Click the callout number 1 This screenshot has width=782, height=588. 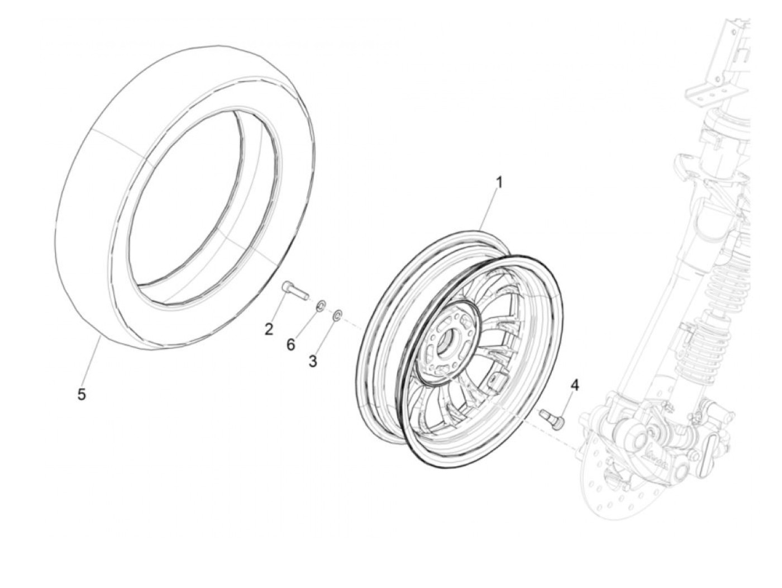500,182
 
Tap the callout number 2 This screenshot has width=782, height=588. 269,329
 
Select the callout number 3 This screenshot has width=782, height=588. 313,361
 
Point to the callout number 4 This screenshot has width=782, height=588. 574,385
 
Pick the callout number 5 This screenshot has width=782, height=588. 82,395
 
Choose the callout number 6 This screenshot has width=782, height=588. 290,345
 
